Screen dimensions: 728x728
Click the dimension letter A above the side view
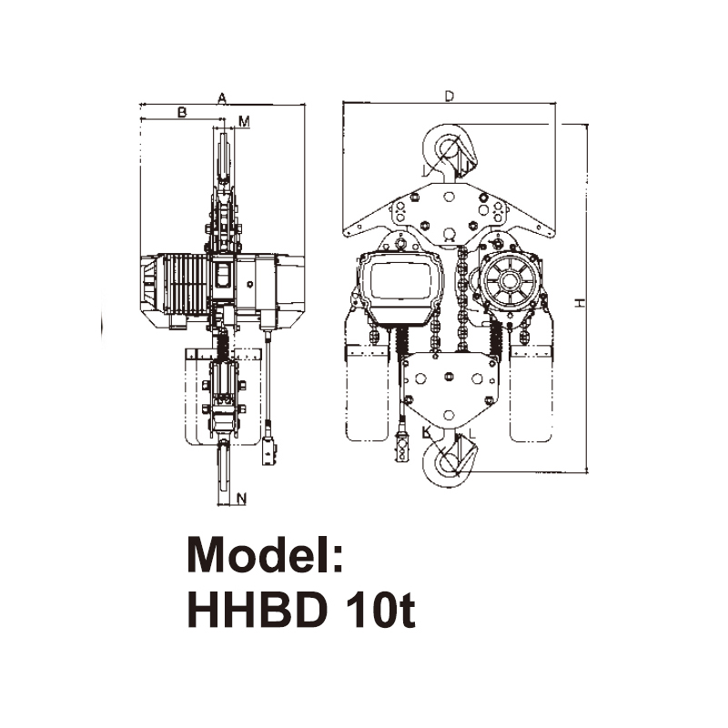click(x=221, y=97)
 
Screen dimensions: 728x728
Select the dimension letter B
click(x=181, y=112)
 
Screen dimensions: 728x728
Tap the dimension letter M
click(x=243, y=120)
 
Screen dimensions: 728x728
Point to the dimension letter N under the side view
click(x=241, y=498)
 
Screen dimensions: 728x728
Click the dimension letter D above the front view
click(x=449, y=96)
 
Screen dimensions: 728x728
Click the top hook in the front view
click(x=450, y=150)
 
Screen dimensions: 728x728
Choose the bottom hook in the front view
click(x=450, y=460)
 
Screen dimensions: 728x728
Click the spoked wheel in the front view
click(x=511, y=281)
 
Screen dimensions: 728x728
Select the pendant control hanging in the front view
click(x=401, y=450)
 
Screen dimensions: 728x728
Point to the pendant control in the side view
click(x=269, y=450)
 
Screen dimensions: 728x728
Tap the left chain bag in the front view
click(x=367, y=391)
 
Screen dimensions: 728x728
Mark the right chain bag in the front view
click(x=531, y=391)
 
